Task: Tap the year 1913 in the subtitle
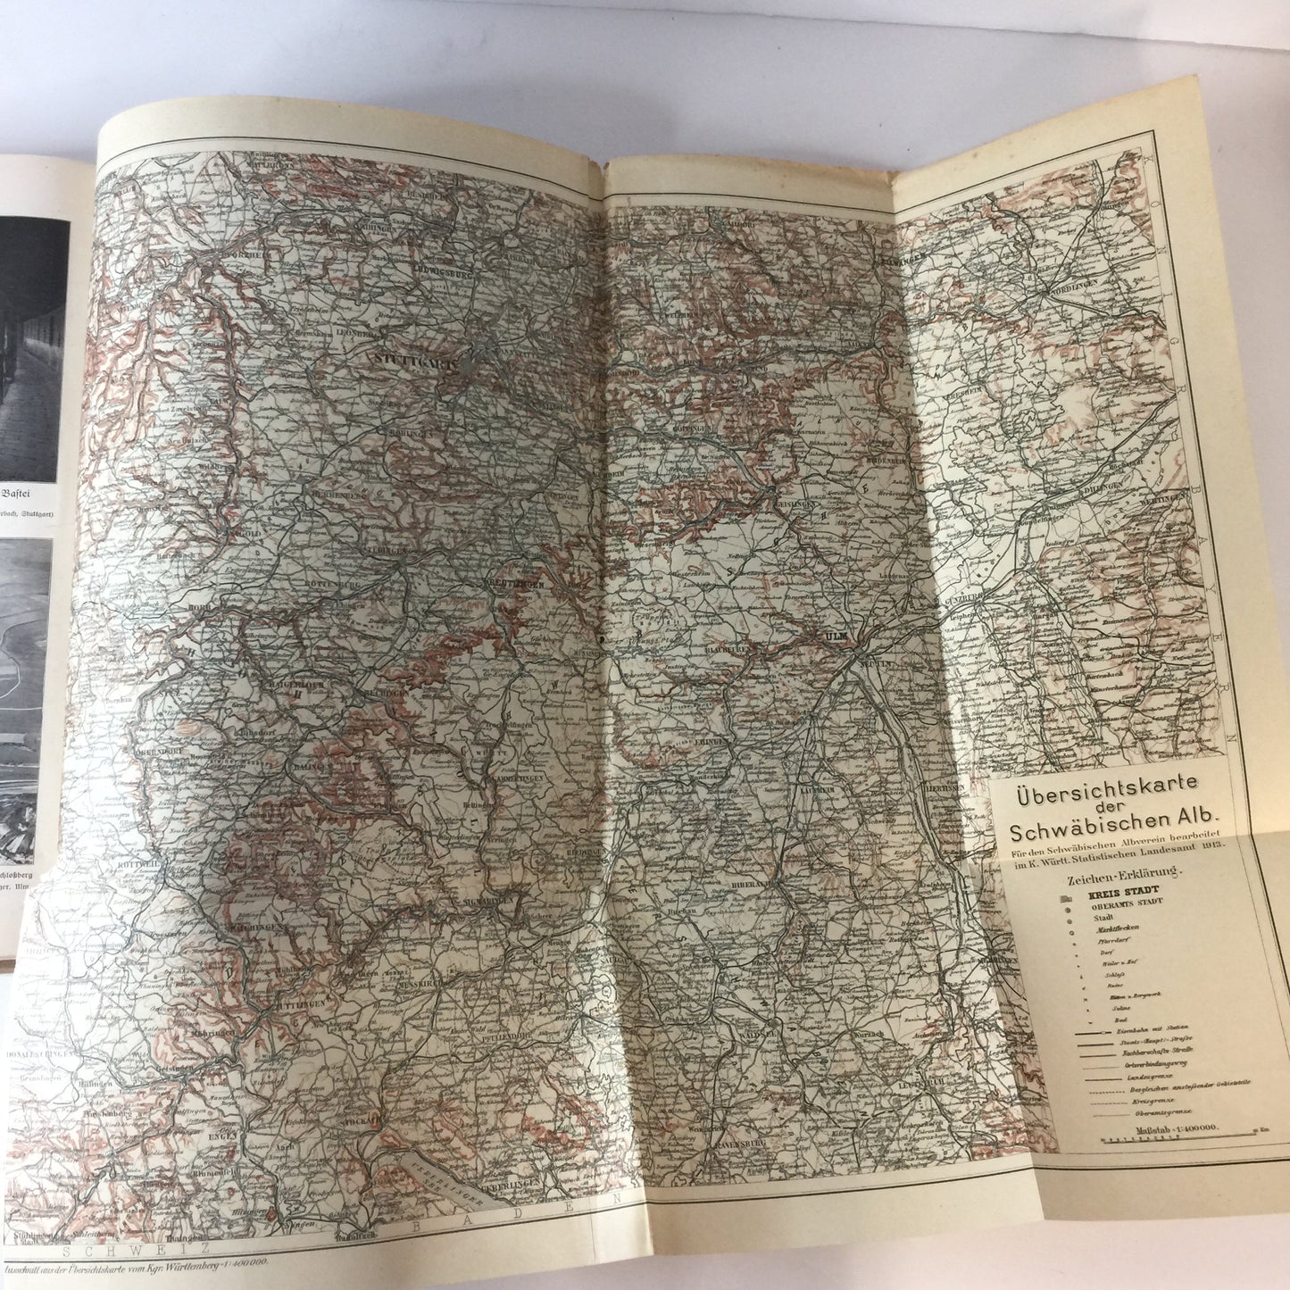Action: click(x=1211, y=845)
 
